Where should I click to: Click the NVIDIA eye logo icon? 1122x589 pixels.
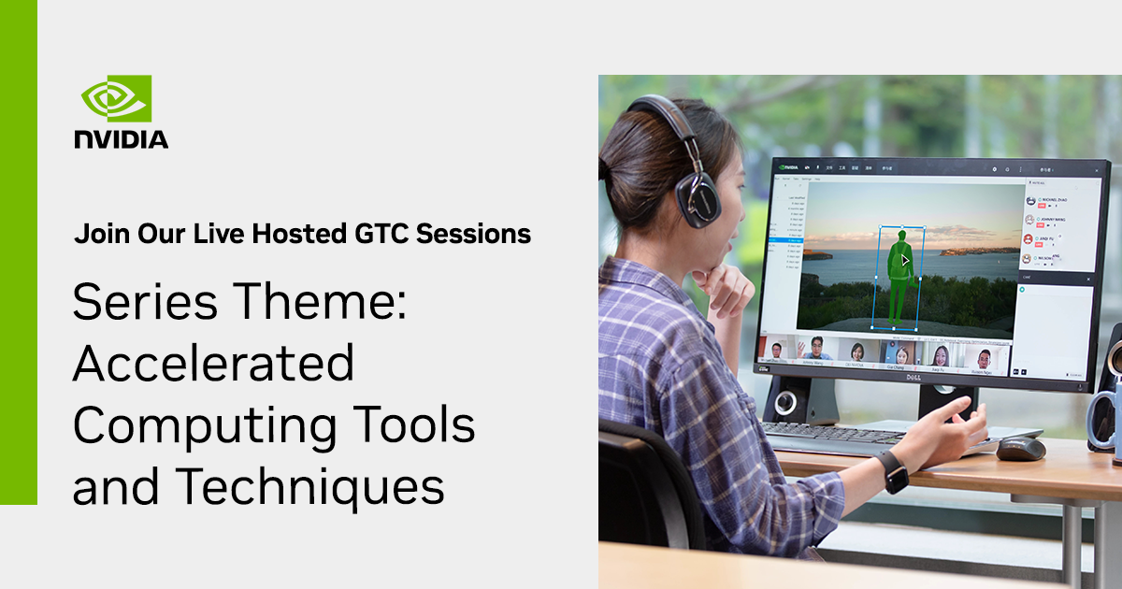point(116,98)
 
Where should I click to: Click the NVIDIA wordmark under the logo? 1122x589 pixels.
point(122,139)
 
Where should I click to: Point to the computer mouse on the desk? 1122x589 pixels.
point(1020,448)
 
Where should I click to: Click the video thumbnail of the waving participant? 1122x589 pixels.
point(814,352)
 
